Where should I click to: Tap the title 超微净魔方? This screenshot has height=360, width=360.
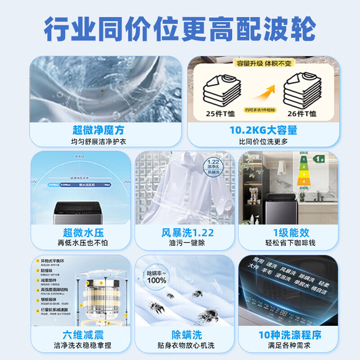[x=98, y=130]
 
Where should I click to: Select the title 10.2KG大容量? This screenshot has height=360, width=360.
[x=263, y=130]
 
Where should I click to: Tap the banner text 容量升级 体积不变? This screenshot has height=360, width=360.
[x=263, y=63]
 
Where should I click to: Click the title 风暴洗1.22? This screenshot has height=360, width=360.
[x=187, y=233]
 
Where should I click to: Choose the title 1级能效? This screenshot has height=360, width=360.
[x=291, y=233]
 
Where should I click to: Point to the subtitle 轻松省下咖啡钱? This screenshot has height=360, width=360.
[x=291, y=243]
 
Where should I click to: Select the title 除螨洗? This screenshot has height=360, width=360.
[x=187, y=335]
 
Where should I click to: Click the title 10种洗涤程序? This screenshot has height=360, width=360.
[x=291, y=335]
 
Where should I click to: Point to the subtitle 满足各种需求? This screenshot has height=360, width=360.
[x=291, y=346]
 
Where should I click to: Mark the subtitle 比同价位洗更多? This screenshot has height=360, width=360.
[x=263, y=141]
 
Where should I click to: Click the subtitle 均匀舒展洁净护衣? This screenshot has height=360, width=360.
[x=98, y=141]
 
